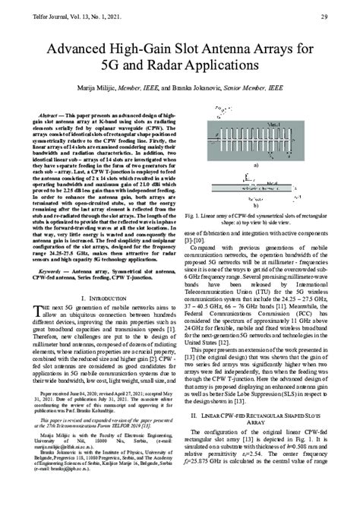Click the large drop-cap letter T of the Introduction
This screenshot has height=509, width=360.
click(x=40, y=305)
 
